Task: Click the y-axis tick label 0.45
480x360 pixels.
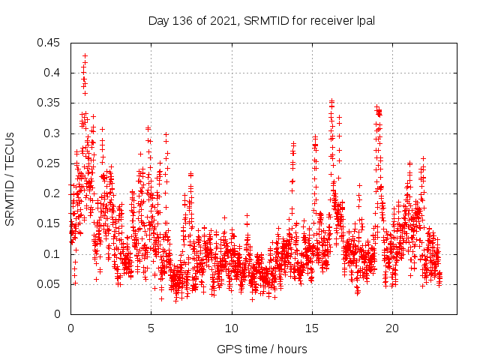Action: click(x=52, y=43)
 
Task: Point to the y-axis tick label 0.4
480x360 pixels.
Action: click(x=54, y=73)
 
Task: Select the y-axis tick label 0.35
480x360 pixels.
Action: click(x=52, y=103)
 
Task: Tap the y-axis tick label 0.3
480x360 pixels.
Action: click(x=54, y=133)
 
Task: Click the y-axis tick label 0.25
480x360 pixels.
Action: click(x=52, y=163)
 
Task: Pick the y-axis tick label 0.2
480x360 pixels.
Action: click(x=54, y=193)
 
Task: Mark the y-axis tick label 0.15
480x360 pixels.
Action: click(x=52, y=223)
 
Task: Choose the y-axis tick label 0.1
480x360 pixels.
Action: click(x=54, y=253)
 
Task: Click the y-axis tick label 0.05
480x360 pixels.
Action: click(x=52, y=284)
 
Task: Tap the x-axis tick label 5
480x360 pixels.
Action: click(x=151, y=328)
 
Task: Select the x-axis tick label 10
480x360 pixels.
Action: click(x=232, y=328)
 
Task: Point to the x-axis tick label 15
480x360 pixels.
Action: click(x=312, y=328)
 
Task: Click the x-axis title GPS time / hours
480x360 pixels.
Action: click(x=262, y=349)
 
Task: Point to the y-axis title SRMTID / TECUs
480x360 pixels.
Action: click(x=10, y=178)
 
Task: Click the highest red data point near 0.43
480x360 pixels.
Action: click(x=85, y=55)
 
